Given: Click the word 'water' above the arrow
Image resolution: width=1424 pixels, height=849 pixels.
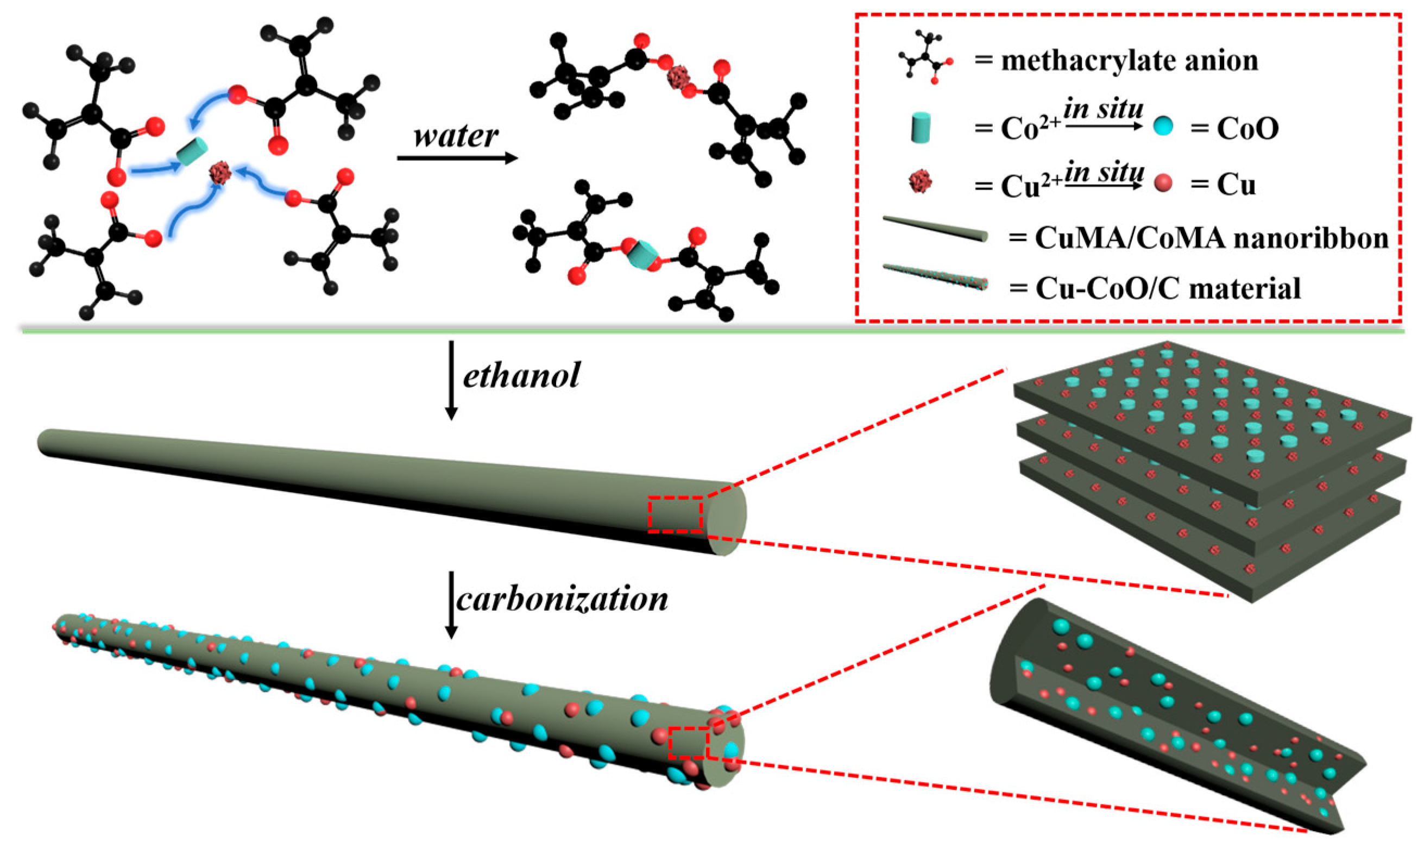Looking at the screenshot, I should (456, 136).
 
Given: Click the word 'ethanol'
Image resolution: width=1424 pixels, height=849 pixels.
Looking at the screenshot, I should (521, 375).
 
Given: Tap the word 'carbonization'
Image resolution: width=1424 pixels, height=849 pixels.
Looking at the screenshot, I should (562, 600).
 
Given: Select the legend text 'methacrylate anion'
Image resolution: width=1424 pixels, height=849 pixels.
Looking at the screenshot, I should (1130, 61).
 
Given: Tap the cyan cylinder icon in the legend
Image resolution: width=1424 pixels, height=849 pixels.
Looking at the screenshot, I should (920, 128).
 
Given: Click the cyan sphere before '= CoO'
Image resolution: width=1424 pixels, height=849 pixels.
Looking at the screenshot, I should (1163, 126).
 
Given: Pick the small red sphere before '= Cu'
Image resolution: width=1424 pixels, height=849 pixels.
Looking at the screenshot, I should (1163, 183).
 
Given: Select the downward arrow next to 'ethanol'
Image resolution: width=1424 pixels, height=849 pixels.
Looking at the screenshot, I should (451, 380).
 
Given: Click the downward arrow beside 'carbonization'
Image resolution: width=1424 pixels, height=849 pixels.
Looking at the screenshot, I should (451, 605).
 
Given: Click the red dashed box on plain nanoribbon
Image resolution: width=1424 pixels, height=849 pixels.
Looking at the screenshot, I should (675, 515).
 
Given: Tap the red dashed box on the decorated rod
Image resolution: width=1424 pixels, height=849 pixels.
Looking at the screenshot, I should (689, 743).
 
